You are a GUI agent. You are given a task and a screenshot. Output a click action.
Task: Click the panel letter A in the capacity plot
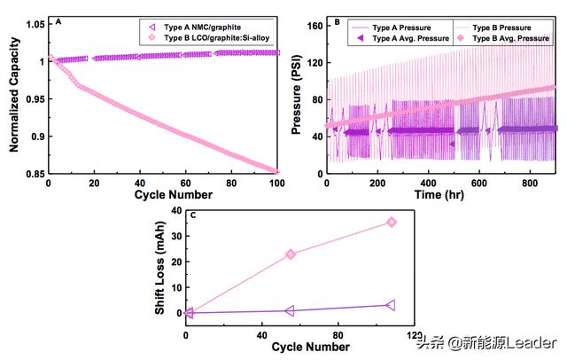point(58,21)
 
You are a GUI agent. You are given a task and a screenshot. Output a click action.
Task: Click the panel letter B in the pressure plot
point(338,21)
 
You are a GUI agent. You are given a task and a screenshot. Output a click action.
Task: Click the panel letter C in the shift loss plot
point(194,215)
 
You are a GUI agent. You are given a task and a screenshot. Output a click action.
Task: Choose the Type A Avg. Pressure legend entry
point(403,38)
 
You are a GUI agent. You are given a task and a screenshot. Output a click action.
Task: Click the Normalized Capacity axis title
point(16,98)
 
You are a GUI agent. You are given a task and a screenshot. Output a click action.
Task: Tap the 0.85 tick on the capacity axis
point(35,174)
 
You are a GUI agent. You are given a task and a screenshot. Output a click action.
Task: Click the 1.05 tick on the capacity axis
point(35,23)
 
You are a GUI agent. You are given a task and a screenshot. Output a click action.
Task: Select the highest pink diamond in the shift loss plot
point(391,222)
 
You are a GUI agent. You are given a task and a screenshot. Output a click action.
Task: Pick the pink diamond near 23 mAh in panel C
point(290,254)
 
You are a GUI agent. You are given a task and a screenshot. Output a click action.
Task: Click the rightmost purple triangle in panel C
point(391,305)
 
